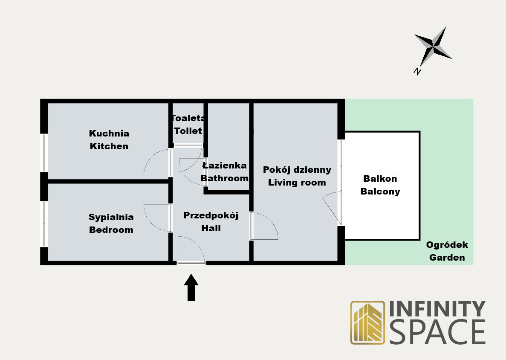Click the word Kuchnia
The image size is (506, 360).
click(x=109, y=134)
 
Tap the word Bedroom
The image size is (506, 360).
click(x=111, y=230)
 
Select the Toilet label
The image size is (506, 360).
click(x=188, y=131)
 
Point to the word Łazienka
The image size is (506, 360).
click(x=225, y=165)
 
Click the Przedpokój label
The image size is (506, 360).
click(x=211, y=216)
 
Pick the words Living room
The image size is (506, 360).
click(x=297, y=183)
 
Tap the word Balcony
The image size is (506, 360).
click(x=380, y=192)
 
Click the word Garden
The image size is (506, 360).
click(x=447, y=258)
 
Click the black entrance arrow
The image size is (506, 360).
click(x=191, y=287)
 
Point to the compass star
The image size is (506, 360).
click(x=433, y=47)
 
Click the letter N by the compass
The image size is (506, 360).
click(x=417, y=71)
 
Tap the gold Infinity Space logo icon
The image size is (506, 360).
click(x=367, y=322)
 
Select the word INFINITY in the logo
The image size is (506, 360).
click(x=437, y=309)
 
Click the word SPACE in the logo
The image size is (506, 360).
click(x=438, y=331)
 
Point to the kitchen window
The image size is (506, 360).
click(x=44, y=153)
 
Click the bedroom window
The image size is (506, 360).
click(x=44, y=224)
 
